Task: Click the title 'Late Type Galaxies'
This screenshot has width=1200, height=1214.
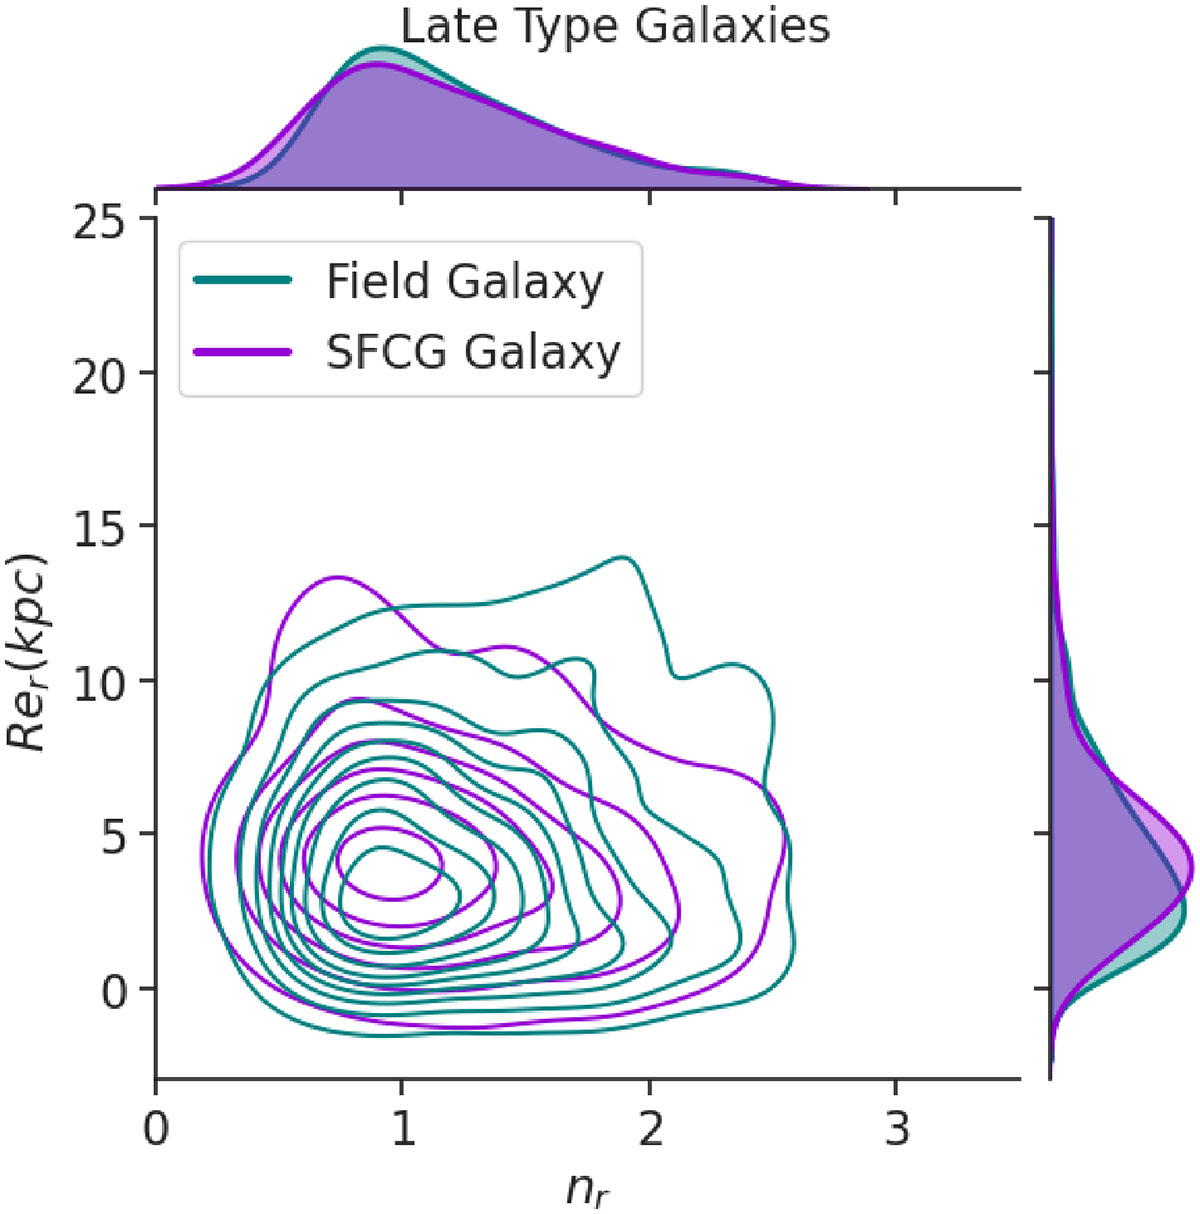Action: pos(615,26)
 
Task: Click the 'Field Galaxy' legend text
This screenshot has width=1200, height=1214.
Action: pos(465,282)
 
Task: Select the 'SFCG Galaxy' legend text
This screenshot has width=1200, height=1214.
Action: pos(473,353)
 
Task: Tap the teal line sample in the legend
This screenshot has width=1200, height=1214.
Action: pos(244,282)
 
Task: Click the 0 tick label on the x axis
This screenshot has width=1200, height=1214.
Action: pos(155,1129)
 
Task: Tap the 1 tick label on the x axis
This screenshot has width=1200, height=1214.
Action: pos(402,1129)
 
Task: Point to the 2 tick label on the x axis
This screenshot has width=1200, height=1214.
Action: pos(650,1129)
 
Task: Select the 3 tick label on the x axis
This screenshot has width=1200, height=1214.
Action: pos(897,1129)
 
